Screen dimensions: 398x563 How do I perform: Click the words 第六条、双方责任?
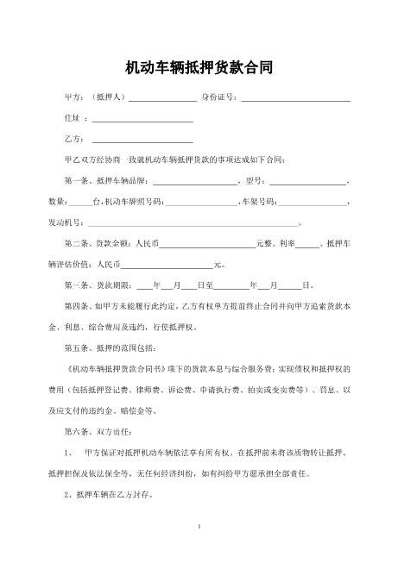point(98,430)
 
